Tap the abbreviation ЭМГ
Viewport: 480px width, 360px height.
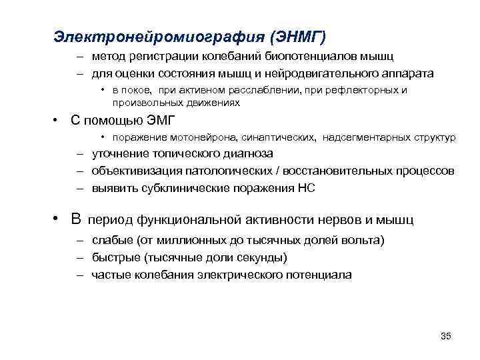click(x=156, y=121)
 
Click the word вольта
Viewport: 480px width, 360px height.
click(x=365, y=240)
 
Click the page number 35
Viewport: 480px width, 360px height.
click(x=446, y=335)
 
